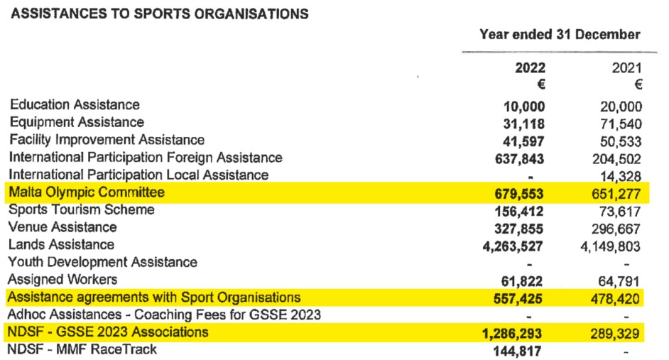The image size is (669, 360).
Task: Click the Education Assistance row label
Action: pos(75,105)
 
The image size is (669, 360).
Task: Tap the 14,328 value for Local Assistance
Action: pos(620,176)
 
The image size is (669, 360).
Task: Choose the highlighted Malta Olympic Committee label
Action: pos(87,192)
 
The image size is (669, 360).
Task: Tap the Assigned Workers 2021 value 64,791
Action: pos(620,280)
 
